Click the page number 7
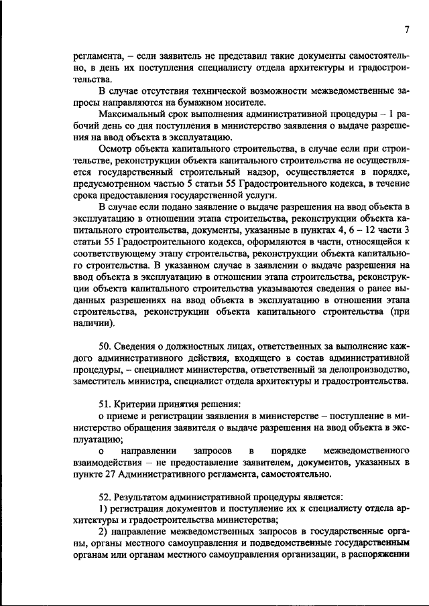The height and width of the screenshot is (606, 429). (x=406, y=28)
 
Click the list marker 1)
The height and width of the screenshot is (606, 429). (x=103, y=509)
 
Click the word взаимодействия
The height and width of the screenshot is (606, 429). (x=110, y=463)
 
